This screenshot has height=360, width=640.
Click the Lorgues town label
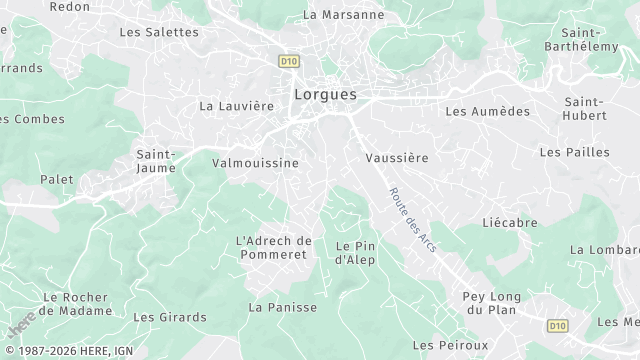pos(325,95)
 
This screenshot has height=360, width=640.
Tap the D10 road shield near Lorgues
pos(289,61)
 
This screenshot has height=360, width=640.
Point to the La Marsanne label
pos(343,15)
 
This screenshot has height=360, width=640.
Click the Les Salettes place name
pos(159,32)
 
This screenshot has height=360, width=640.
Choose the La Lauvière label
pos(236,105)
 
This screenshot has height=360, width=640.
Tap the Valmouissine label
pos(255,162)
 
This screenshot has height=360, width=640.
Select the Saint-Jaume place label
pos(156,161)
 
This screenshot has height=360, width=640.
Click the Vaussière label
pos(397,158)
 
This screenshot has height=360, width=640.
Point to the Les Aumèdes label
pos(487,111)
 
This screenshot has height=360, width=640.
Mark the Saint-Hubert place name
pos(584,109)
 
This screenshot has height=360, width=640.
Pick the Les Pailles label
pos(574,152)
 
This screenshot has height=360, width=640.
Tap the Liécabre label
pos(510,222)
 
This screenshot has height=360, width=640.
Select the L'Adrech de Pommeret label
pos(274,248)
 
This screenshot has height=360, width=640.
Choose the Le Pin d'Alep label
pos(354,253)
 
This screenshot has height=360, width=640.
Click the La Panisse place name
pos(283,307)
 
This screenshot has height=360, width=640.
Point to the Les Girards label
pos(170,317)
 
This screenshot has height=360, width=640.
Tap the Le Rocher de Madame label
pos(77,304)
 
